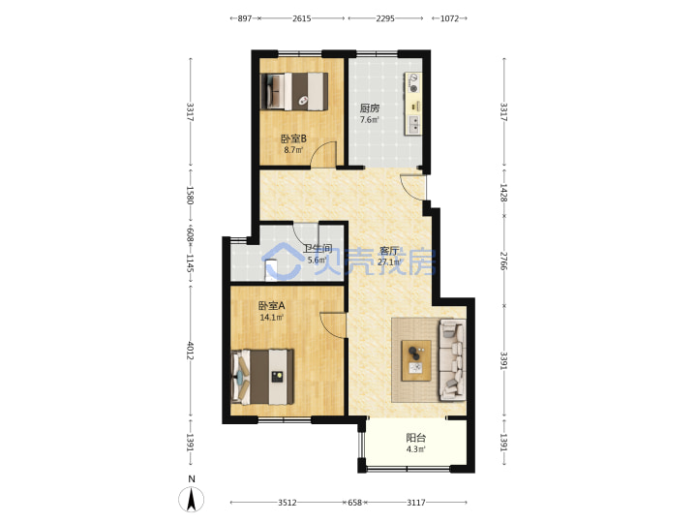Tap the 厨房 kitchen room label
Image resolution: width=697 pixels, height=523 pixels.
point(370,108)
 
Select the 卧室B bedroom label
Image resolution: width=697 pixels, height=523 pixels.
point(293,138)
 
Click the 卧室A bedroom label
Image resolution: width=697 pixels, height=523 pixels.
point(272,306)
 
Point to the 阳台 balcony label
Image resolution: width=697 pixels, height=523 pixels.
point(415,438)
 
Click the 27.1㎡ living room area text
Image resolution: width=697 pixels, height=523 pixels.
point(388,261)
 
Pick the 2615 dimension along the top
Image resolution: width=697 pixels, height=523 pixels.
point(301,18)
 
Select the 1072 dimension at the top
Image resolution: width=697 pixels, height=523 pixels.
point(449,18)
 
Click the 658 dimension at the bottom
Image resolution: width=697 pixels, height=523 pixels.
point(354,503)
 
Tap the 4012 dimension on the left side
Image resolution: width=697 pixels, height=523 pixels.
point(191,351)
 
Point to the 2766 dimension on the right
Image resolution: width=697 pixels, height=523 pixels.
point(503,261)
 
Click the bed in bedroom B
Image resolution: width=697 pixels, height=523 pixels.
point(294,91)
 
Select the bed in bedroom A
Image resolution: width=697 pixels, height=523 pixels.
point(262,377)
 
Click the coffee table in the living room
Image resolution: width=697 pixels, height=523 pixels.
point(416,360)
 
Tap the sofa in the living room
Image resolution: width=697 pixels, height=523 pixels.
point(452,360)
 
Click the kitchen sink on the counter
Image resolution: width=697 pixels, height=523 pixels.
point(413,125)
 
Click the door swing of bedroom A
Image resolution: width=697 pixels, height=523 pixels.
point(332,325)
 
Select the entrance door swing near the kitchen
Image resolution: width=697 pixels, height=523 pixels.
point(413,187)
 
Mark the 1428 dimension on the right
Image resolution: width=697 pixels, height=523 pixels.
point(503,193)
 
